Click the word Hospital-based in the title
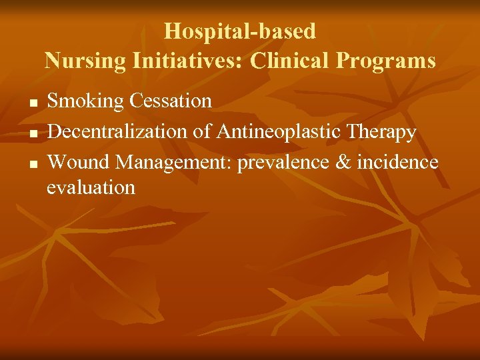click(x=240, y=31)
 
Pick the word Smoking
click(x=85, y=101)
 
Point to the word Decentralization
click(x=117, y=132)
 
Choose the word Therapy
click(x=383, y=132)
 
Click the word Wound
click(x=74, y=161)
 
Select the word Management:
click(x=170, y=161)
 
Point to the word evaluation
click(x=91, y=188)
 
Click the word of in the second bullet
click(x=201, y=132)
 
